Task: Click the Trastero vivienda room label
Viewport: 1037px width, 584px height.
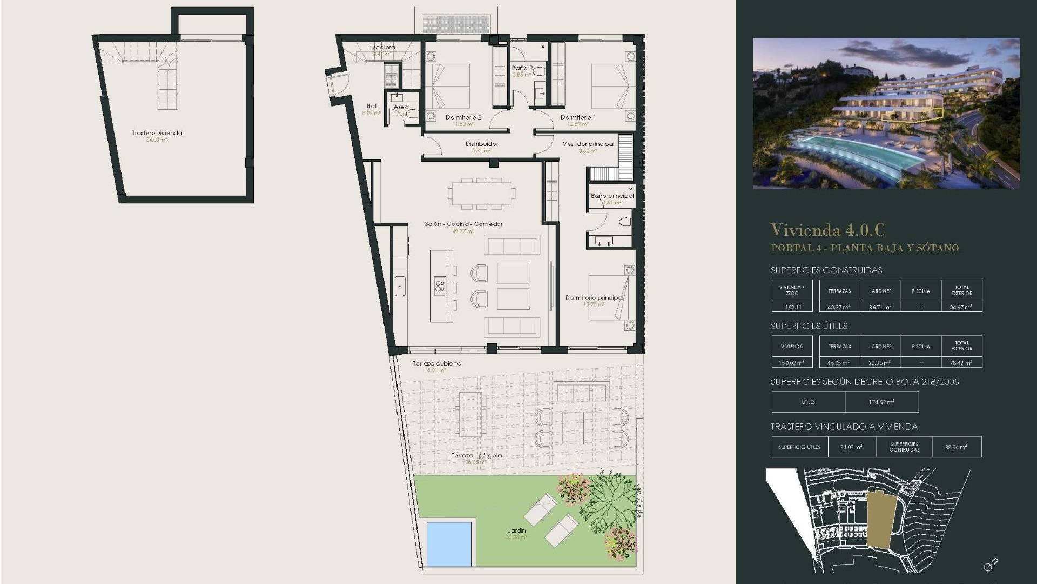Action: (157, 133)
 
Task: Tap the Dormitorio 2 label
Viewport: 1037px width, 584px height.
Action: (463, 117)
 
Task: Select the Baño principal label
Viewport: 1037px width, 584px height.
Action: (612, 196)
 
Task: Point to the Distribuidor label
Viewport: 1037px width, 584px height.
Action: (481, 144)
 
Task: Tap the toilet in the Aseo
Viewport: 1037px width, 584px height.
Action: (412, 114)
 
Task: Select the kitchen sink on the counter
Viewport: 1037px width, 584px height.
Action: (400, 286)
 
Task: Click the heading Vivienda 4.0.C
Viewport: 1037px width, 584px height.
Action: (827, 230)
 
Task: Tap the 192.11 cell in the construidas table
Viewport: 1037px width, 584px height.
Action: (792, 307)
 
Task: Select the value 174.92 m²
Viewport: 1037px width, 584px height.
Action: (881, 402)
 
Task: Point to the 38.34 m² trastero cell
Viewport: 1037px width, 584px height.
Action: (956, 447)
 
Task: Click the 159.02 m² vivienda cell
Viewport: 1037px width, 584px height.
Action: (792, 363)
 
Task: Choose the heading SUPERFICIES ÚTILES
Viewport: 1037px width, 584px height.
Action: (809, 326)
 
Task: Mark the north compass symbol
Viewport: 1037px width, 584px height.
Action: (991, 565)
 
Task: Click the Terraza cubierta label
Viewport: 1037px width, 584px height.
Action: (437, 363)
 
